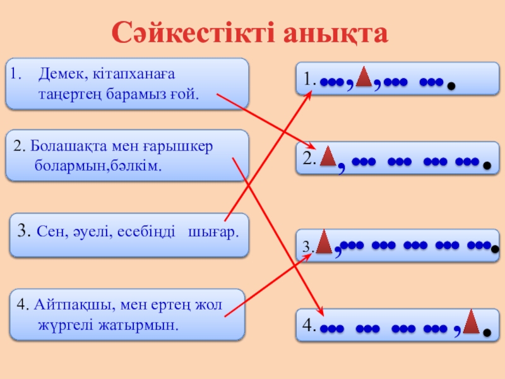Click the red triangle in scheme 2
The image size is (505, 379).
(x=327, y=157)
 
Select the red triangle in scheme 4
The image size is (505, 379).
(x=470, y=322)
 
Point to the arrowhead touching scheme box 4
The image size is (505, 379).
(x=321, y=312)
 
